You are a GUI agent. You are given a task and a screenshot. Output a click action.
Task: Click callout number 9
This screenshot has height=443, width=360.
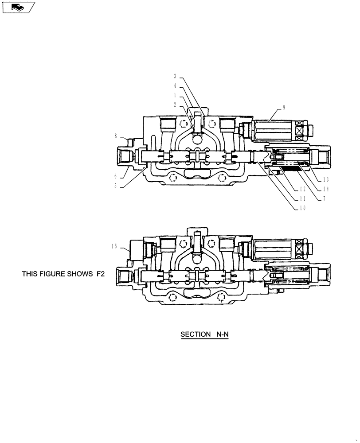click(x=284, y=107)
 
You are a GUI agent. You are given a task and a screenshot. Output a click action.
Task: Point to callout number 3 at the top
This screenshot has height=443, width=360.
click(x=175, y=76)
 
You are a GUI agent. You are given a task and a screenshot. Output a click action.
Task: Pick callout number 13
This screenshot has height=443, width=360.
click(x=326, y=180)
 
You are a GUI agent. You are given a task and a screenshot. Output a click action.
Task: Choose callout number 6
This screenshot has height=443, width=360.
click(x=115, y=176)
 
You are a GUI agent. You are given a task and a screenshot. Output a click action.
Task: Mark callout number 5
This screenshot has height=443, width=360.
click(x=115, y=186)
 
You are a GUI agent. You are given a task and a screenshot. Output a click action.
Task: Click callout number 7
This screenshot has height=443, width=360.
click(x=324, y=199)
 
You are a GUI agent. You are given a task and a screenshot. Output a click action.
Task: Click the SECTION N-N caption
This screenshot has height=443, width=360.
click(x=204, y=334)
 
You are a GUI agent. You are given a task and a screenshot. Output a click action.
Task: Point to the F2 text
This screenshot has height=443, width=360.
click(x=101, y=274)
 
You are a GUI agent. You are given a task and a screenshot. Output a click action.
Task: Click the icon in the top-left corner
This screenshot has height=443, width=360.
click(x=18, y=7)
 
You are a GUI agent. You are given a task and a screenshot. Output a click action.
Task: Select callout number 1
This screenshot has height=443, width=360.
click(x=175, y=95)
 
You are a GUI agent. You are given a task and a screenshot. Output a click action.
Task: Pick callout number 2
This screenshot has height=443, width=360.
click(x=175, y=105)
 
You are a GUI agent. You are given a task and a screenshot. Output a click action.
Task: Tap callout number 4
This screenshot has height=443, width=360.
click(x=175, y=86)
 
